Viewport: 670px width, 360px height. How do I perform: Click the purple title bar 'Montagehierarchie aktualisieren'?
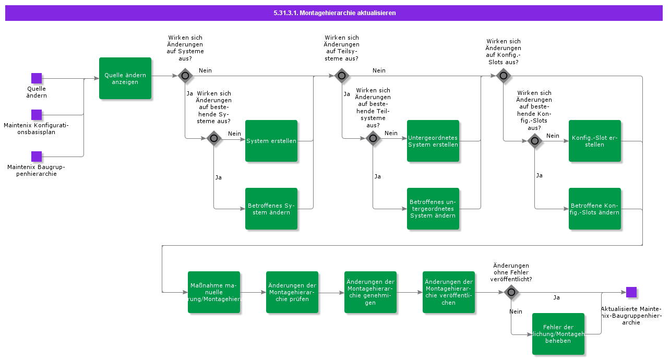pyautogui.click(x=334, y=13)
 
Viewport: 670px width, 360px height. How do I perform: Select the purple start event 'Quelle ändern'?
pyautogui.click(x=37, y=78)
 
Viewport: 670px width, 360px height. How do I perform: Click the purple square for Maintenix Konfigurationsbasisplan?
pyautogui.click(x=37, y=115)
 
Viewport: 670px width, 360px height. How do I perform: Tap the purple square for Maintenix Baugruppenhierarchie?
pyautogui.click(x=37, y=157)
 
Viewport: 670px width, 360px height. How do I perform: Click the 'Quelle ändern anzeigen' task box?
pyautogui.click(x=125, y=78)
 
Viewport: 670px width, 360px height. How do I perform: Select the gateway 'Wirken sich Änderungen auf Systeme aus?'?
pyautogui.click(x=185, y=76)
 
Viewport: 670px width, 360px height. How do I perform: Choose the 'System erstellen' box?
pyautogui.click(x=271, y=141)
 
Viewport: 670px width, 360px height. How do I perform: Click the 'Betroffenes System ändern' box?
pyautogui.click(x=271, y=209)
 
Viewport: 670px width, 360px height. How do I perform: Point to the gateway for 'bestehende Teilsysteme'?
pyautogui.click(x=373, y=138)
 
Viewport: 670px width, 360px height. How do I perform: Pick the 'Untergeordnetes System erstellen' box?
pyautogui.click(x=433, y=141)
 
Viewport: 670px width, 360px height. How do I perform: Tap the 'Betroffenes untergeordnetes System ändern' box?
pyautogui.click(x=433, y=209)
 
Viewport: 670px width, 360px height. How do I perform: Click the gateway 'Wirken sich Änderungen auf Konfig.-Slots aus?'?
pyautogui.click(x=503, y=76)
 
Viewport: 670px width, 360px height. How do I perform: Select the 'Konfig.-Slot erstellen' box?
pyautogui.click(x=595, y=141)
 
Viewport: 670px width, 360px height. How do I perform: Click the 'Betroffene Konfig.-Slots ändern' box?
pyautogui.click(x=595, y=209)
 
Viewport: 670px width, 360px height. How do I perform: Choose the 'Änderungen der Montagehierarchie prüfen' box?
pyautogui.click(x=292, y=292)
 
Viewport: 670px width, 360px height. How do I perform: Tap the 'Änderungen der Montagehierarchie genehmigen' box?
pyautogui.click(x=370, y=292)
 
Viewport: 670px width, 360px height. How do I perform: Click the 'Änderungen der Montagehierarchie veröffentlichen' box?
pyautogui.click(x=449, y=292)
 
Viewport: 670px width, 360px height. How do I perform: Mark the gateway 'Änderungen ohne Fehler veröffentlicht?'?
pyautogui.click(x=511, y=292)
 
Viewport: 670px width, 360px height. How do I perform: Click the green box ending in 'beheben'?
pyautogui.click(x=558, y=334)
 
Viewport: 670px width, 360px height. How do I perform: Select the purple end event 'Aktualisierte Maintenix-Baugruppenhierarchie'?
pyautogui.click(x=631, y=292)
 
